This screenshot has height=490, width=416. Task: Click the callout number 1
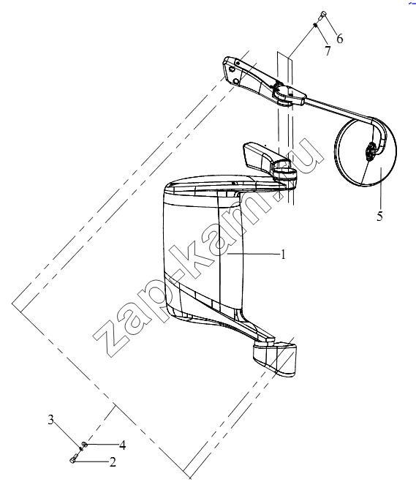283,255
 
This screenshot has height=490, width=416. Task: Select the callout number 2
113,461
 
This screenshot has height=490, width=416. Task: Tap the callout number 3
50,419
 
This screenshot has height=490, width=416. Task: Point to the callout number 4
123,445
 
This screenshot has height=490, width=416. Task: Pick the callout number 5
379,216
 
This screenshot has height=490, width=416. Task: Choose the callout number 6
339,39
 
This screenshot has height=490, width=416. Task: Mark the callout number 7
328,50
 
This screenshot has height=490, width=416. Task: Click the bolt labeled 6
322,15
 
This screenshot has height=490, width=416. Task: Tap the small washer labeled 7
316,25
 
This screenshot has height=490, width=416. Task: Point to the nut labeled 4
84,444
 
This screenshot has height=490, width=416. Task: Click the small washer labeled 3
80,449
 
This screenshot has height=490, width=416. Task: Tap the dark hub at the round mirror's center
371,152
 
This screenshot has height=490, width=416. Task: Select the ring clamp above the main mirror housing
285,174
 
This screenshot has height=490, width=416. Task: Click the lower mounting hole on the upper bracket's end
236,82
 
